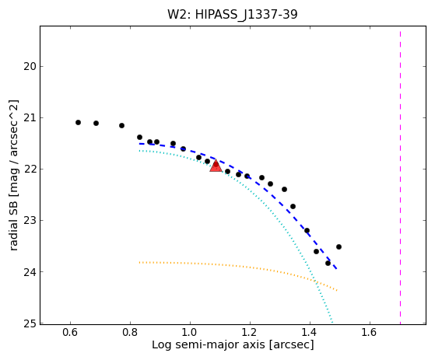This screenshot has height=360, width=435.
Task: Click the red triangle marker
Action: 216,166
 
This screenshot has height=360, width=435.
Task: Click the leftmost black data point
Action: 79,123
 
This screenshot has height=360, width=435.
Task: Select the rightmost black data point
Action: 339,247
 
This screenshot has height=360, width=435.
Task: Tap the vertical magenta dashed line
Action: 400,177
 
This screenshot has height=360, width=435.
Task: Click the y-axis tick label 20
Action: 30,67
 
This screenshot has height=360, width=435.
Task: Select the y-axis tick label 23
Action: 30,221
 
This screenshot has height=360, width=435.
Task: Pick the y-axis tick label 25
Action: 30,323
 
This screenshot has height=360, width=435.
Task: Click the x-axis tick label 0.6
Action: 70,332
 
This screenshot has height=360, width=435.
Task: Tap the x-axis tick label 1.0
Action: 190,332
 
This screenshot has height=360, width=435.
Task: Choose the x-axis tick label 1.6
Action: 370,332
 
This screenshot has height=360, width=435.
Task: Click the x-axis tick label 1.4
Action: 310,332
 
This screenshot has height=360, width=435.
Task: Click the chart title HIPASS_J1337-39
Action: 247,15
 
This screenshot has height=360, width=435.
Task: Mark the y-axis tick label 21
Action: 30,117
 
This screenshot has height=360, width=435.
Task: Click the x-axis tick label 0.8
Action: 130,332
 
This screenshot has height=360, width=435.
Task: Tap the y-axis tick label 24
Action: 30,272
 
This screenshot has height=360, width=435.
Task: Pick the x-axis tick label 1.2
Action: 250,332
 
